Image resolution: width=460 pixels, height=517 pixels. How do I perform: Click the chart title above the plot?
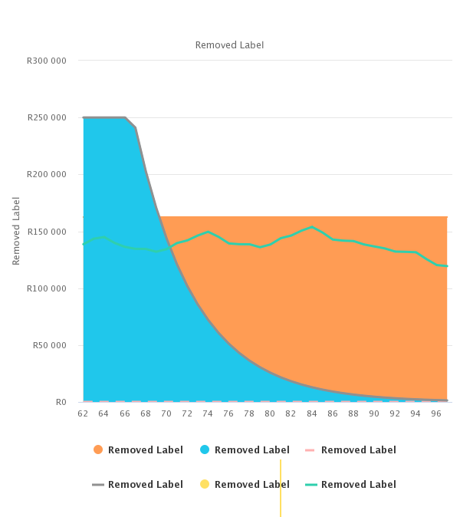point(229,45)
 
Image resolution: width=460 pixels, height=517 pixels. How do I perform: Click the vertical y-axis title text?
point(17,231)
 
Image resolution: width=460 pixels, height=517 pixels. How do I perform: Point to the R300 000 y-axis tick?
point(47,61)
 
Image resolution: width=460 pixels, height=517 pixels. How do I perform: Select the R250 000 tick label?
point(47,118)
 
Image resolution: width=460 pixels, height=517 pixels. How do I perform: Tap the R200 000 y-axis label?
point(47,175)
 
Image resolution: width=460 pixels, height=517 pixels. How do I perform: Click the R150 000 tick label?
point(47,232)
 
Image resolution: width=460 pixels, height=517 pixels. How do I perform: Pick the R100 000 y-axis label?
point(47,288)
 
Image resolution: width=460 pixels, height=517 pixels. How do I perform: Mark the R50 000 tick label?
point(49,345)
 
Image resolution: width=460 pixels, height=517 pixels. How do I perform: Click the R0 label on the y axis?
point(61,402)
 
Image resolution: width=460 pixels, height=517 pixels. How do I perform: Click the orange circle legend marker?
point(97,450)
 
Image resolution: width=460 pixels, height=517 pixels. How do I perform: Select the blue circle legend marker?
point(204,450)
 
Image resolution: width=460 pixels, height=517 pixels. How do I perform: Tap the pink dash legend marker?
point(310,450)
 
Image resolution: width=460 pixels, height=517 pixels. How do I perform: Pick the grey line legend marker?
point(97,485)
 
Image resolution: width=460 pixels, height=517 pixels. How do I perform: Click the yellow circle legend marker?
point(204,485)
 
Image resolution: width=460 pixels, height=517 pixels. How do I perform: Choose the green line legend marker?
point(310,485)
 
